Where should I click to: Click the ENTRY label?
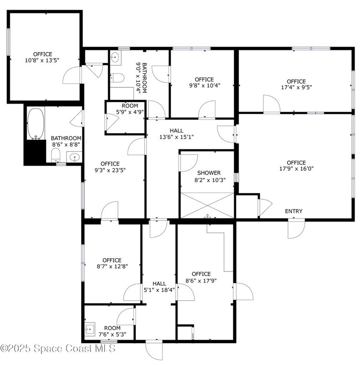(294, 211)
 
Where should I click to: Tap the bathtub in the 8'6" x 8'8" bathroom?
(36, 124)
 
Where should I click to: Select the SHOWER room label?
(209, 173)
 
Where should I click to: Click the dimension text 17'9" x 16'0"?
(296, 168)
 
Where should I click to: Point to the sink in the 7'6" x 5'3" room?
(89, 329)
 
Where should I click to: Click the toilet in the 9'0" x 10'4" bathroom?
(117, 78)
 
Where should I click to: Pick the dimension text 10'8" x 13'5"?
(42, 61)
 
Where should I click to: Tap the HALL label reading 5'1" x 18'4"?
(159, 287)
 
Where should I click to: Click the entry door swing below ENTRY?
(296, 229)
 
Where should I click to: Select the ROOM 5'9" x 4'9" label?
(130, 109)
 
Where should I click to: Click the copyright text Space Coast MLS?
(74, 349)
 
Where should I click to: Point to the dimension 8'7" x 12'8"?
(112, 266)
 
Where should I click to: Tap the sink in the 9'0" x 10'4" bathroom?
(115, 57)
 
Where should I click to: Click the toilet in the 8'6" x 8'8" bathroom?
(56, 155)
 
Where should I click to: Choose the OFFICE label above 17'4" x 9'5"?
(296, 82)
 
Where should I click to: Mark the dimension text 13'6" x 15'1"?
(176, 137)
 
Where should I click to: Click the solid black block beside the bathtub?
(36, 152)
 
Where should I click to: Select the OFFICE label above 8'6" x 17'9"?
(201, 274)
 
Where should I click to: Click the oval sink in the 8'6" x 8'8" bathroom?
(74, 157)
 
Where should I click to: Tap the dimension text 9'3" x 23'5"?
(110, 170)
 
